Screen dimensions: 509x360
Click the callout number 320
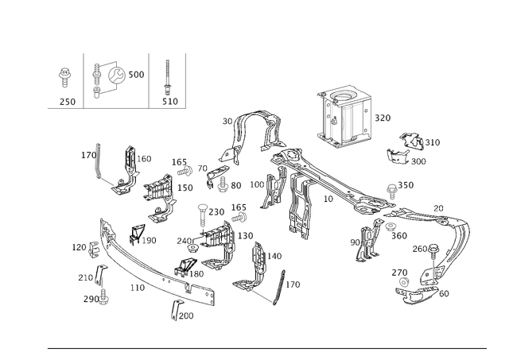(383, 118)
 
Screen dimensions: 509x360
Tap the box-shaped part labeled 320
(344, 117)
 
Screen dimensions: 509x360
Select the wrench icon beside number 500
(116, 75)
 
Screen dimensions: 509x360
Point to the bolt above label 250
(65, 77)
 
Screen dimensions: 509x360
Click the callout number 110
(138, 288)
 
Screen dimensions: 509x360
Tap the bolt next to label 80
(223, 184)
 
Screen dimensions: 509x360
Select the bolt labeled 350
(392, 192)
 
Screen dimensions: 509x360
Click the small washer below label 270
(403, 282)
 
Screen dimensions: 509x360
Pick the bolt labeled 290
(103, 297)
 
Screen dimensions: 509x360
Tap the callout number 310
(433, 142)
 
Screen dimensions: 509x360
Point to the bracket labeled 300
(397, 157)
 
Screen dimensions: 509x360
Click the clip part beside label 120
(93, 250)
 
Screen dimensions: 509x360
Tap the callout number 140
(274, 256)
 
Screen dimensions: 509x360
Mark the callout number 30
(227, 122)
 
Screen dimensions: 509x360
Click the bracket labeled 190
(136, 233)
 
